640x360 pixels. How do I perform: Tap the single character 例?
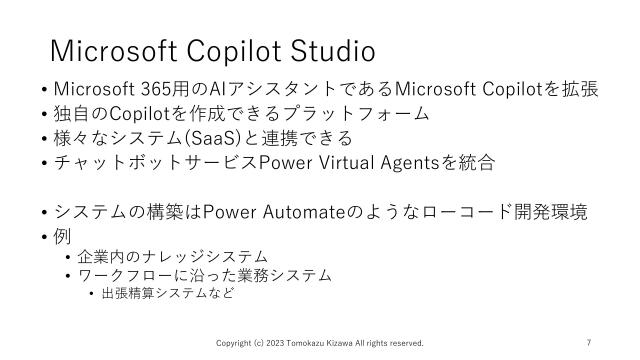tap(65, 237)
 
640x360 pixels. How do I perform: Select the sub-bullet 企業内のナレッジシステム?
tap(172, 257)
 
